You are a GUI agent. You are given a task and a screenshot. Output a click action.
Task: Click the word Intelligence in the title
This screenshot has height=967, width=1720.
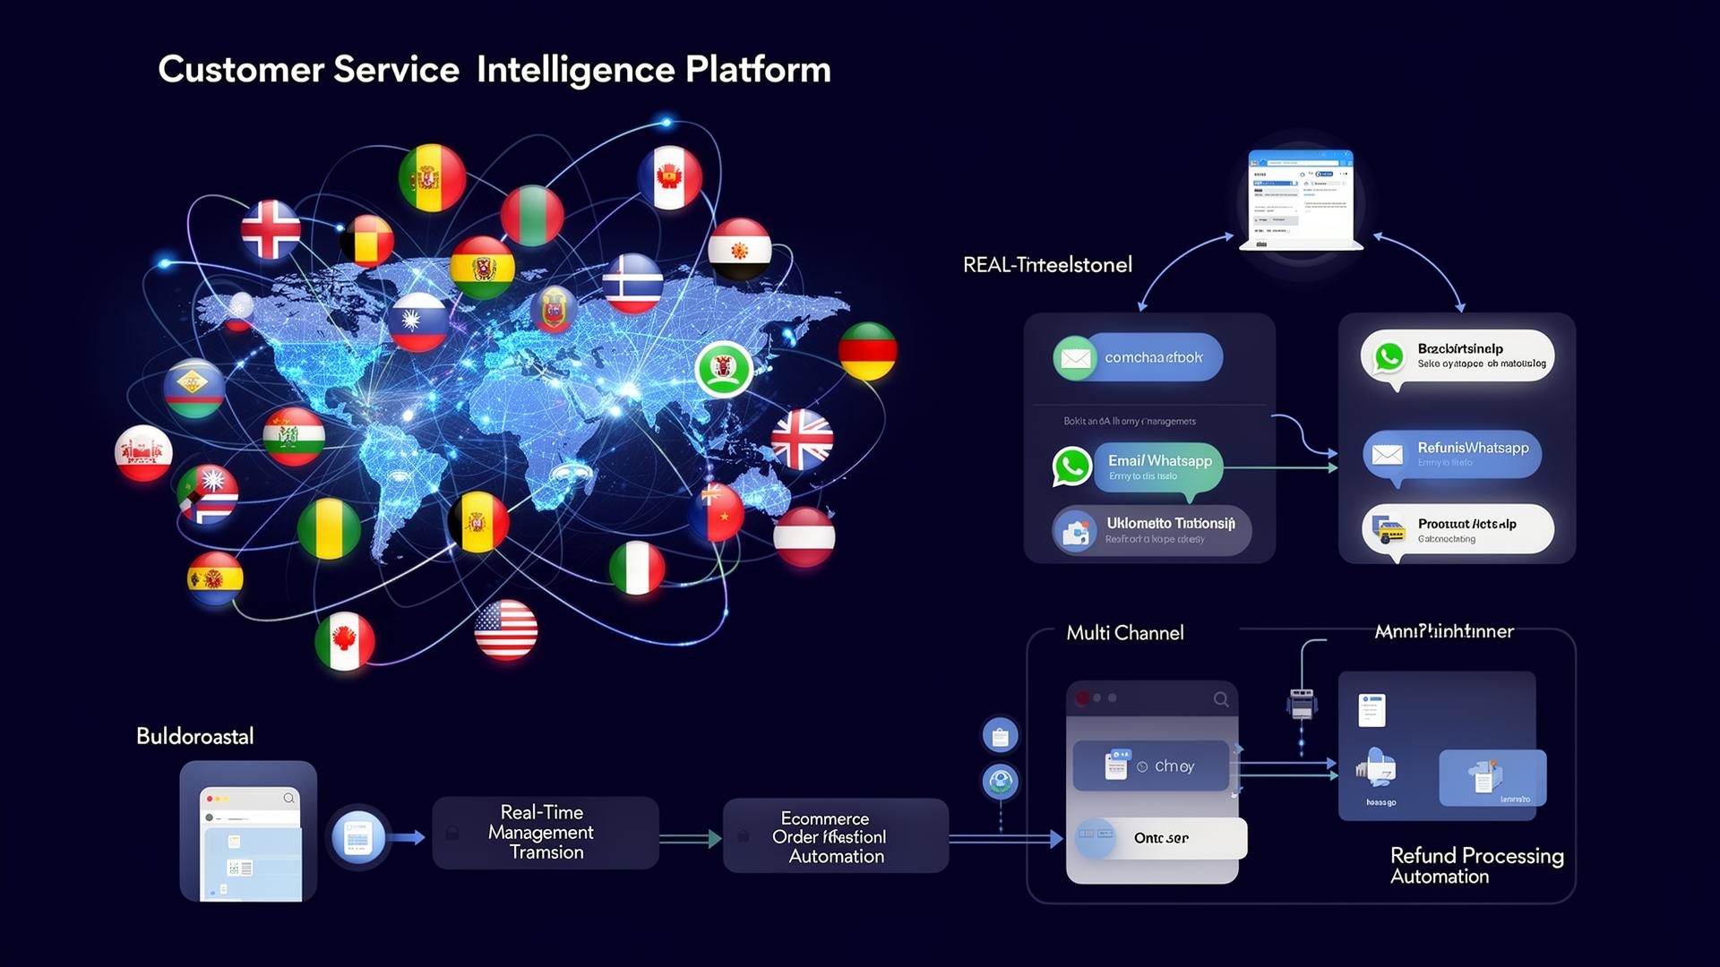coord(575,71)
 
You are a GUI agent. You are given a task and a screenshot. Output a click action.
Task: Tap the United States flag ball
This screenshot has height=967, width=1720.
coord(505,629)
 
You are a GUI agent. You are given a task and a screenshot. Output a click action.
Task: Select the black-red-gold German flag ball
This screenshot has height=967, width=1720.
coord(867,350)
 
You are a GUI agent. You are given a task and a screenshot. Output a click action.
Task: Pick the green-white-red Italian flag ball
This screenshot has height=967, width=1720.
coord(637,569)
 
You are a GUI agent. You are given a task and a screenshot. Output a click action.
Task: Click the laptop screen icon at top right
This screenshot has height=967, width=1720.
coord(1301,198)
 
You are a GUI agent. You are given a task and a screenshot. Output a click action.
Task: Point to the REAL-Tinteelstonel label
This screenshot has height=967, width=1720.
coord(1047,265)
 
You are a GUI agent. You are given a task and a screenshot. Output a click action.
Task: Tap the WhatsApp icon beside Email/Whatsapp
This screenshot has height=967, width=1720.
coord(1071,466)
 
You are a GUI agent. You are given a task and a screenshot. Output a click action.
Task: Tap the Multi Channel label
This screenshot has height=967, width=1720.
coord(1124,633)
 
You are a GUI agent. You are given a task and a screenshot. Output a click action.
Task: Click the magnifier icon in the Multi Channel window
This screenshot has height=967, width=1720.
coord(1221,699)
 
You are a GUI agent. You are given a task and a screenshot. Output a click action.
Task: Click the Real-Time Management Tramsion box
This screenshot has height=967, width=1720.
coord(545,833)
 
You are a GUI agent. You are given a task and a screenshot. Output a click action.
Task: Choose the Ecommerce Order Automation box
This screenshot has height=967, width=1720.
coord(835,837)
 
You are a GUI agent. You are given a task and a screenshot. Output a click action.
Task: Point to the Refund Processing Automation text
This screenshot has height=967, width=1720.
coord(1476,866)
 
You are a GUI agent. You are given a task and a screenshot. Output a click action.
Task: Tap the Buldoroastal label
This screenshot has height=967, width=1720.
coord(194,737)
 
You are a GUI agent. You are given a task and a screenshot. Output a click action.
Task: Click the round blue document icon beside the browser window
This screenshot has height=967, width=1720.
coord(358,838)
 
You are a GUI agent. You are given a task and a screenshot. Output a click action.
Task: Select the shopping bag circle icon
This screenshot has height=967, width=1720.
coord(1001,736)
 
